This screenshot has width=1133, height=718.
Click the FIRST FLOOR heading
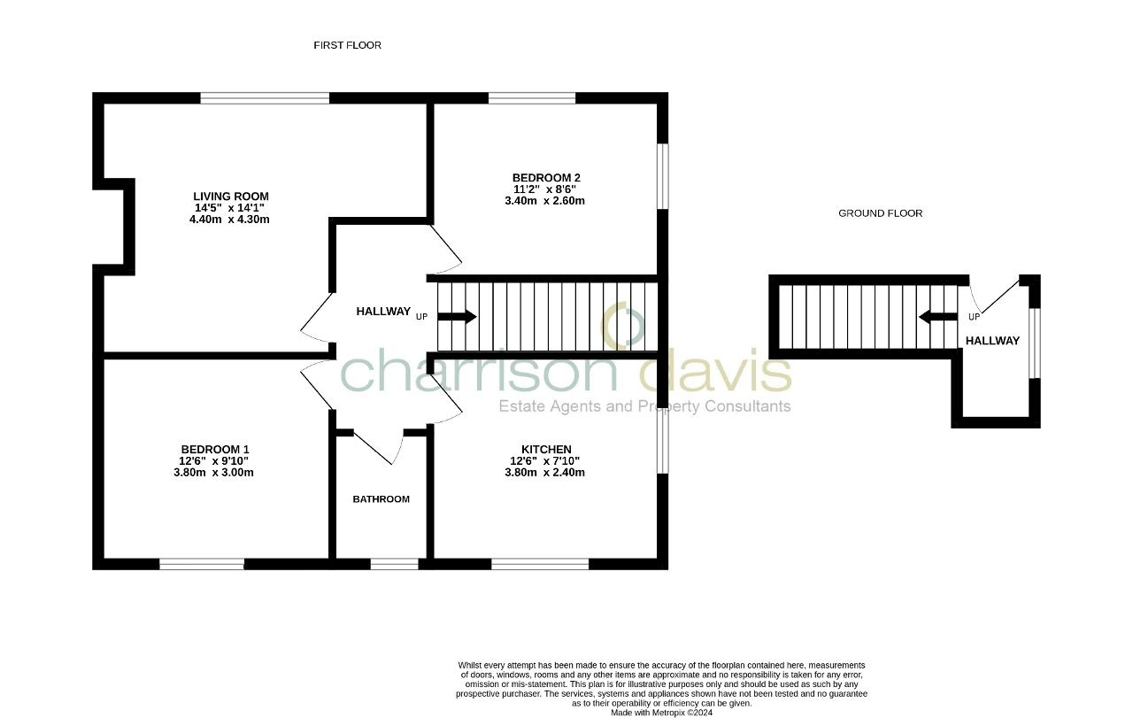click(347, 45)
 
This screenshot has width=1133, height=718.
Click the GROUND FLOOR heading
click(880, 213)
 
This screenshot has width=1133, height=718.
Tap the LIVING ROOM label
click(230, 197)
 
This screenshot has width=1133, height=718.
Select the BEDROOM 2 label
click(545, 178)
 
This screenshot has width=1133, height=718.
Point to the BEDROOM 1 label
click(214, 450)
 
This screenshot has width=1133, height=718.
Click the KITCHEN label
click(545, 450)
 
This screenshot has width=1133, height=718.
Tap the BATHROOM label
click(381, 499)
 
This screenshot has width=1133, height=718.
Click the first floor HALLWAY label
click(382, 312)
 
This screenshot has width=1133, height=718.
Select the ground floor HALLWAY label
click(992, 341)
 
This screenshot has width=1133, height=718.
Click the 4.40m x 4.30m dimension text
click(229, 220)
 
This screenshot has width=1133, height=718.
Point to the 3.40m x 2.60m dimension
click(544, 201)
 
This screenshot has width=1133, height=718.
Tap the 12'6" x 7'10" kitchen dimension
click(544, 461)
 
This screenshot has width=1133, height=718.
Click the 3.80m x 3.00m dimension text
click(213, 473)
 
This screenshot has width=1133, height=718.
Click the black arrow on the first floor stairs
click(457, 317)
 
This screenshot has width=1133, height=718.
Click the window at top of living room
click(265, 98)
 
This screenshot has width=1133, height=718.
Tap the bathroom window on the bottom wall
click(394, 564)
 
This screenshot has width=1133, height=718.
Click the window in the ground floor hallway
click(1034, 343)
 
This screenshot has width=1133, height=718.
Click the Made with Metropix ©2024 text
click(661, 712)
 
